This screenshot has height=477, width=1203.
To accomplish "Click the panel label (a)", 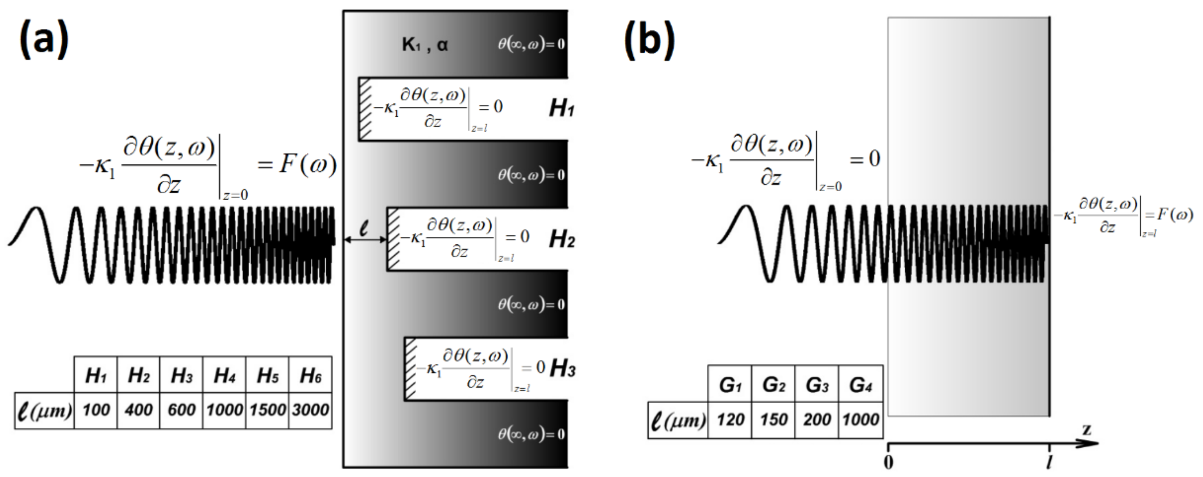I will tap(44, 41).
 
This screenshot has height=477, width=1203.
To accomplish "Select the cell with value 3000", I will tap(311, 410).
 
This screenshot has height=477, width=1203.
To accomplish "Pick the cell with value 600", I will tap(181, 410).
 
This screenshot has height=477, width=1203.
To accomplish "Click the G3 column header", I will tap(817, 385).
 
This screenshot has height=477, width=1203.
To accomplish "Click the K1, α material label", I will tap(425, 45).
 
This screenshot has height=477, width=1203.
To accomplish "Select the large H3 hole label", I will tap(562, 369).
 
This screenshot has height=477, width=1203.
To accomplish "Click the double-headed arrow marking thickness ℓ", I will tap(365, 239).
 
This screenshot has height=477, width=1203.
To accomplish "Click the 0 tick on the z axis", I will tap(888, 462).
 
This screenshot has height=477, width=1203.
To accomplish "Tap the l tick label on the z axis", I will tap(1049, 462).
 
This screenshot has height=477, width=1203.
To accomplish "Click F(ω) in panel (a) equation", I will tap(308, 164).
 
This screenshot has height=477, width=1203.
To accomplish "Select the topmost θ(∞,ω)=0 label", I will tap(531, 44).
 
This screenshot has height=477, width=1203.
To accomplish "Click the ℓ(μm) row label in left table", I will tap(44, 411).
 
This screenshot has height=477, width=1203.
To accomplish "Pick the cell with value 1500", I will tap(268, 410).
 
